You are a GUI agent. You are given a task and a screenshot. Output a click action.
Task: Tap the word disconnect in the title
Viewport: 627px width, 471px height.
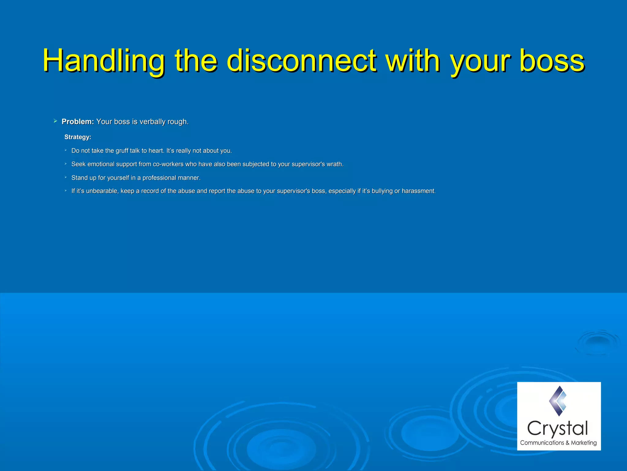(302, 61)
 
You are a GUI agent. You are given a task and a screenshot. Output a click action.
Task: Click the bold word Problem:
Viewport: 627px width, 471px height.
(78, 122)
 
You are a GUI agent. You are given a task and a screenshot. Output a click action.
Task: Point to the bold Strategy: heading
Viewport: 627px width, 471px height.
(78, 137)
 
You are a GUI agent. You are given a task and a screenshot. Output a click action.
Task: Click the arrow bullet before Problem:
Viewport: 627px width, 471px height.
(55, 121)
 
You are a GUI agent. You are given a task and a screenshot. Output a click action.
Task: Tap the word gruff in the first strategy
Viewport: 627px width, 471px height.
(122, 151)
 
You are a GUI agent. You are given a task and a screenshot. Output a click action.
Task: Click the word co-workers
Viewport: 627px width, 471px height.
(168, 164)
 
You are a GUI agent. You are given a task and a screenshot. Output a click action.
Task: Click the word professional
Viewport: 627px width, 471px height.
(159, 178)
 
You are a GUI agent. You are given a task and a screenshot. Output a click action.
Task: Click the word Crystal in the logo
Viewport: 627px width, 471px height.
(558, 429)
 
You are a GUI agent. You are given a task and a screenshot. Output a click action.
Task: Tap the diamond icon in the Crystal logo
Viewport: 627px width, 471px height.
(558, 401)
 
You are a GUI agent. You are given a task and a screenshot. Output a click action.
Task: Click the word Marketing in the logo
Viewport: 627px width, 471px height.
(584, 443)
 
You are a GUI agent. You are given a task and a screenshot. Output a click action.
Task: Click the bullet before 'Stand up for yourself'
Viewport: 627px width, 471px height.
(66, 177)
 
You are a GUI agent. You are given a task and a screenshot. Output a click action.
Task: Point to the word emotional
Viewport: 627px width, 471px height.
(101, 164)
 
